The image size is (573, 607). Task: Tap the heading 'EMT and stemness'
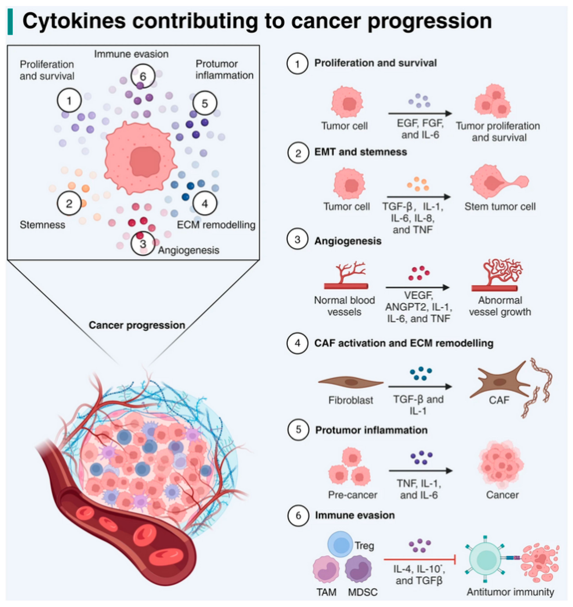(360, 152)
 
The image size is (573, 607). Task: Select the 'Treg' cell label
(364, 545)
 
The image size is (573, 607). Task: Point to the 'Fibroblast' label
(351, 400)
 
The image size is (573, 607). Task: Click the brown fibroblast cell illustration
(351, 382)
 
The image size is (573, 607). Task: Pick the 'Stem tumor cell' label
(500, 207)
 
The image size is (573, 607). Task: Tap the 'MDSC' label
(363, 592)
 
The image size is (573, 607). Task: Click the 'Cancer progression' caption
(137, 325)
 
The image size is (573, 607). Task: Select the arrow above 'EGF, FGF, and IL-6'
(420, 113)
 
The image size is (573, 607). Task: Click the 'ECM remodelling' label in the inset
(216, 225)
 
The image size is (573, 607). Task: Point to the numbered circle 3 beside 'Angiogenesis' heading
(297, 239)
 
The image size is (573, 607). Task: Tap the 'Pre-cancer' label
(353, 495)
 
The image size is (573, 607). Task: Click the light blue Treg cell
(340, 544)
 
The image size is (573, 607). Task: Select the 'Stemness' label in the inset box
(42, 225)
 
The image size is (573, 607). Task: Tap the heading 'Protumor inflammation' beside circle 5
(371, 430)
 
